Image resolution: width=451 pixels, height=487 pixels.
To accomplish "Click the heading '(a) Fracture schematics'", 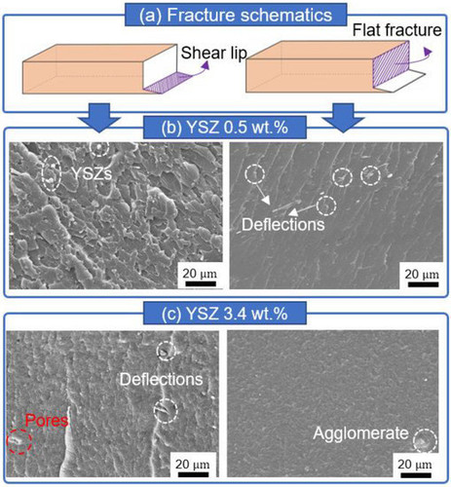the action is [x=236, y=16].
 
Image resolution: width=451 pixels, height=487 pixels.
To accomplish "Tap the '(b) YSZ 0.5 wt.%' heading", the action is [x=225, y=128].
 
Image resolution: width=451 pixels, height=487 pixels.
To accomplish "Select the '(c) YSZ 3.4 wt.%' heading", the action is [x=225, y=314].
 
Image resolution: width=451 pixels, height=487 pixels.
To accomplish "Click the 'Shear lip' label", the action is [x=214, y=54].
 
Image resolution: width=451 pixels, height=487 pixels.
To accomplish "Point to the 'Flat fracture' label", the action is [x=396, y=30].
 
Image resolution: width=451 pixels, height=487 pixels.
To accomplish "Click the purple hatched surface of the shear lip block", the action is [x=167, y=83].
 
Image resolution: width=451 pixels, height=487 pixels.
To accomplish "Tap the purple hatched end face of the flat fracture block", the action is [x=390, y=64].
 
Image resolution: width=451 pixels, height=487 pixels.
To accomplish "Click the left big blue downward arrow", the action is [x=100, y=118].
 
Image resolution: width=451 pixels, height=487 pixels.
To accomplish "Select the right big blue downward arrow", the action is [x=344, y=118].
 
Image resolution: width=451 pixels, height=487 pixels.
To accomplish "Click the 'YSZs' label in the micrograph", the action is [x=92, y=173].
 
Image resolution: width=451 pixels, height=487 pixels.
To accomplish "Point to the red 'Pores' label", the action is [x=47, y=421].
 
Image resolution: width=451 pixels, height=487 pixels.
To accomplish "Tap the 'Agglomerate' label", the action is [x=360, y=433].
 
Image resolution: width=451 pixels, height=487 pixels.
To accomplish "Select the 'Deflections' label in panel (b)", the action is [x=283, y=224].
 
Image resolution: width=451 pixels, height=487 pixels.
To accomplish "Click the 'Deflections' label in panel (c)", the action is [x=162, y=379].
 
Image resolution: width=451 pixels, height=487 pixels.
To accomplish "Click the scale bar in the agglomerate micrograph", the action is [x=416, y=475].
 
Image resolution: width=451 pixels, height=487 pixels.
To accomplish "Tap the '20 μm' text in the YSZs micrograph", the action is [x=199, y=274].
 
